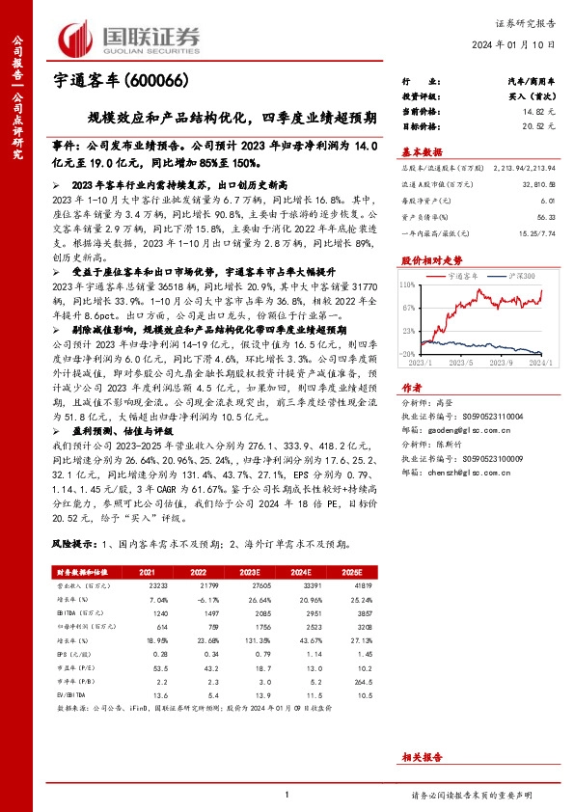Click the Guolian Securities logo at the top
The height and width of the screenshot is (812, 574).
[x=130, y=37]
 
